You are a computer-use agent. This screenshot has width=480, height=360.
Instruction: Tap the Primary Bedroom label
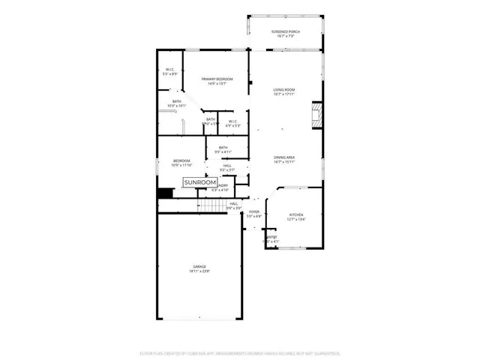tap(217, 79)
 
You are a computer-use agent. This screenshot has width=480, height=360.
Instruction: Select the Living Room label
tap(283, 90)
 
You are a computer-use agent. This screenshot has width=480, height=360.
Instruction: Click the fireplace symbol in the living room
tap(316, 115)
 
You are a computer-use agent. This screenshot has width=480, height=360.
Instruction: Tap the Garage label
tap(199, 266)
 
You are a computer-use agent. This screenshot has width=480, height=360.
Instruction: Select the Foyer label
tap(254, 212)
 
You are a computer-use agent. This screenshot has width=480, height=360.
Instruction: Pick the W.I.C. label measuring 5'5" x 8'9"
tap(170, 71)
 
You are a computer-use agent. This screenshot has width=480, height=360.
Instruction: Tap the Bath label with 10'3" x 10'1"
tap(177, 103)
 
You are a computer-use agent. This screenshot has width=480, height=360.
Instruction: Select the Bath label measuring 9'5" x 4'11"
tap(223, 148)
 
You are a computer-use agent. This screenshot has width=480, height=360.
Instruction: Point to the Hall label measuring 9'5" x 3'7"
tap(226, 166)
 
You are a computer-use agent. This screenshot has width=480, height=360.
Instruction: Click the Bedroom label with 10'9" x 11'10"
tap(181, 161)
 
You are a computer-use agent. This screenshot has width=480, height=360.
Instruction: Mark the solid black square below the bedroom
tap(165, 193)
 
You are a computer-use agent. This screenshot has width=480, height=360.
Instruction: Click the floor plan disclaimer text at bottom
tap(240, 352)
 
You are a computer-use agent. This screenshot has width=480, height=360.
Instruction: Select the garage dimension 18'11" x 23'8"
tap(199, 271)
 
